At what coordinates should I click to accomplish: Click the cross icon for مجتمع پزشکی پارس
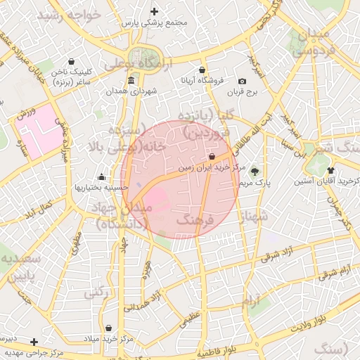pyautogui.click(x=155, y=11)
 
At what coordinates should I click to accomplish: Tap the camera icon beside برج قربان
pyautogui.click(x=243, y=82)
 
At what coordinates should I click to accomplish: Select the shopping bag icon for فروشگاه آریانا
pyautogui.click(x=202, y=70)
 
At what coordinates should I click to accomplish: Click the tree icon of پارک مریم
pyautogui.click(x=255, y=171)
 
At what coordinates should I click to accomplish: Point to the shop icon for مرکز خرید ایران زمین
pyautogui.click(x=212, y=157)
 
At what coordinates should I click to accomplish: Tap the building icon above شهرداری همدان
pyautogui.click(x=131, y=81)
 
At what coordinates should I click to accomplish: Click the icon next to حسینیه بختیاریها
pyautogui.click(x=102, y=176)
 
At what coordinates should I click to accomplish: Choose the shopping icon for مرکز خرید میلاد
pyautogui.click(x=108, y=328)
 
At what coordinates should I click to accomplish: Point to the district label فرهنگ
pyautogui.click(x=195, y=221)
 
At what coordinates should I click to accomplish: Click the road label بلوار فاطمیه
pyautogui.click(x=225, y=349)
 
